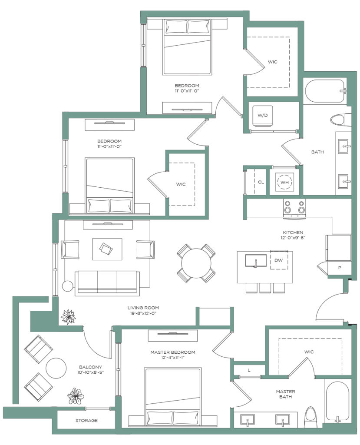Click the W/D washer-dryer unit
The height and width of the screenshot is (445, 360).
click(262, 116)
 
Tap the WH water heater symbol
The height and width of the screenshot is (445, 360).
click(284, 182)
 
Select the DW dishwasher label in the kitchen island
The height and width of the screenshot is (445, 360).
click(279, 260)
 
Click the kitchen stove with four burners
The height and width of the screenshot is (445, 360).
click(294, 209)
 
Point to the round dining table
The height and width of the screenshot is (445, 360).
click(196, 263)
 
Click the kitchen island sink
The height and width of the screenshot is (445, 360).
click(256, 261)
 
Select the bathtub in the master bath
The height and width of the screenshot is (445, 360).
click(337, 402)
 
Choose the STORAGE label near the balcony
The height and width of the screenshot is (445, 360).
click(86, 420)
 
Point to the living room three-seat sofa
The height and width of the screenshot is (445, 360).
click(107, 283)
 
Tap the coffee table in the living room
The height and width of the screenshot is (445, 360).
click(107, 249)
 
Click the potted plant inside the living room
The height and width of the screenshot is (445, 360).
click(68, 317)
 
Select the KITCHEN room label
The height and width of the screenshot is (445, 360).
click(293, 232)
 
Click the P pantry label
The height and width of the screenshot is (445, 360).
click(340, 268)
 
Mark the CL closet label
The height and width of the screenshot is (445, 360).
click(261, 182)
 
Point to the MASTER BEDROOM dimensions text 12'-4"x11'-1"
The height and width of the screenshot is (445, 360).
click(173, 358)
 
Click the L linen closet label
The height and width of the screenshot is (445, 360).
click(249, 370)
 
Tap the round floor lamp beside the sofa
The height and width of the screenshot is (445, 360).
click(67, 286)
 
